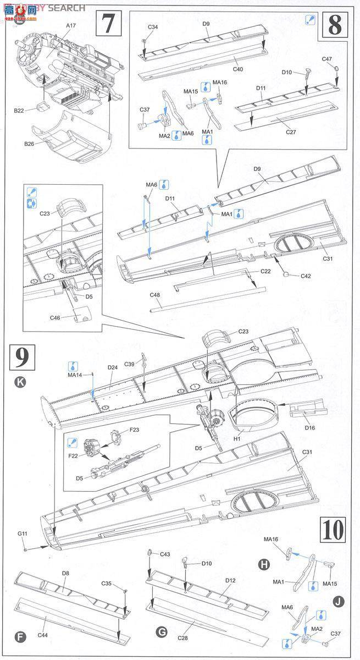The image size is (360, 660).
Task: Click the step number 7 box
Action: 108,24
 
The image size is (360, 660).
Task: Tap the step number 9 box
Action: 22,358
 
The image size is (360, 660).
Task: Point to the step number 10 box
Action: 333,530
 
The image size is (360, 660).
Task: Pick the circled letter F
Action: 20,637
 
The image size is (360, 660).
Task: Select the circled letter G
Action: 162,633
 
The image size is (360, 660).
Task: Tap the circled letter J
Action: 339,601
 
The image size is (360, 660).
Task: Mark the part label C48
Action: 155,295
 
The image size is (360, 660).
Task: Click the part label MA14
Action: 75,375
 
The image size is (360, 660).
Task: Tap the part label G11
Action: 22,533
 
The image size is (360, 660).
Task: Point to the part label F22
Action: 73,457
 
